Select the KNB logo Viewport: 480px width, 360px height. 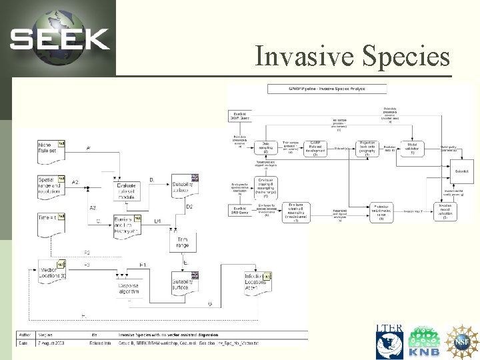click(x=424, y=341)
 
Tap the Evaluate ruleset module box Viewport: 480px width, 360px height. click(x=126, y=191)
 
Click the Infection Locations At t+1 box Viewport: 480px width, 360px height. click(x=257, y=283)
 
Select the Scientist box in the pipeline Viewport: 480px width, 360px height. click(x=461, y=171)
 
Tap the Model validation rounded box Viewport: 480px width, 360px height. click(x=412, y=149)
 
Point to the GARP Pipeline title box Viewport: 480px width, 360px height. click(x=327, y=89)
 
